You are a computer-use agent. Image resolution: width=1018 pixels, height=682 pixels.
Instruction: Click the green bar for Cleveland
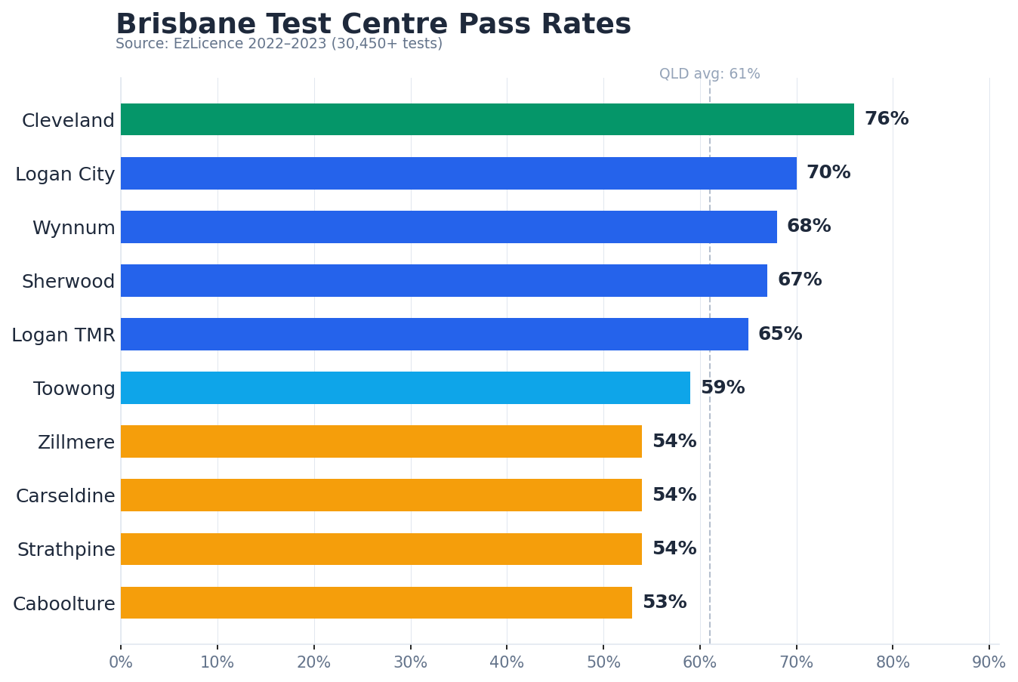tap(487, 119)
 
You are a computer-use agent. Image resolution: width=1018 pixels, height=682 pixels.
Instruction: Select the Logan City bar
tap(458, 173)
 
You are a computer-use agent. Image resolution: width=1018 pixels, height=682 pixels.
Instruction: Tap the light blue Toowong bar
tap(406, 387)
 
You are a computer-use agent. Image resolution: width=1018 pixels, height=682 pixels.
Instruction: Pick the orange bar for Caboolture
tap(376, 603)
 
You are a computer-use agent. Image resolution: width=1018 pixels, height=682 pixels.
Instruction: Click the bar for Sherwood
tap(444, 280)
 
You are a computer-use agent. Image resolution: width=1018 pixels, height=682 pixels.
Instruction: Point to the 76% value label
tap(886, 119)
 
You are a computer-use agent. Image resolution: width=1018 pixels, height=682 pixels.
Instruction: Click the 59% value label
tap(722, 388)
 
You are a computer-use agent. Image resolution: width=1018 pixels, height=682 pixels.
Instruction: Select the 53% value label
tap(664, 603)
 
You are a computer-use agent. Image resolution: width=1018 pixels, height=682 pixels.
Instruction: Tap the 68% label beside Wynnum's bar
tap(808, 227)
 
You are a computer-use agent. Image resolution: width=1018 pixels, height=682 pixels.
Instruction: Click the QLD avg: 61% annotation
tap(709, 74)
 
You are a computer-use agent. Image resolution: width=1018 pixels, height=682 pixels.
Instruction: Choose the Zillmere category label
tap(76, 443)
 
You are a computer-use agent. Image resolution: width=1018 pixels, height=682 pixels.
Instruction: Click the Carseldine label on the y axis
tap(66, 496)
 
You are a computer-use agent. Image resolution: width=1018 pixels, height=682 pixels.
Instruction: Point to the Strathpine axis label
tap(66, 550)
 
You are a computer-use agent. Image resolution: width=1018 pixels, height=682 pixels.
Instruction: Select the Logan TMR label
tap(63, 335)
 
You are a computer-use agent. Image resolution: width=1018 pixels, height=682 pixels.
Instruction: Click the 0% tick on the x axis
tap(121, 662)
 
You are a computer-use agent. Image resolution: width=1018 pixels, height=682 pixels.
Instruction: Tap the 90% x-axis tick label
tap(989, 662)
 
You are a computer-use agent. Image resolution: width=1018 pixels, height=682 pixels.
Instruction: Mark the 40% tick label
tap(507, 662)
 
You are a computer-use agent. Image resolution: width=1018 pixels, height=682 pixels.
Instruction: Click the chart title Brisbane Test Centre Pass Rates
tap(373, 24)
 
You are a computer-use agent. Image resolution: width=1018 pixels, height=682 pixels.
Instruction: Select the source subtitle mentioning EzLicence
tap(279, 44)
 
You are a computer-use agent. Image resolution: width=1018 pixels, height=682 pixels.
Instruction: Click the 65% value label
tap(779, 335)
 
